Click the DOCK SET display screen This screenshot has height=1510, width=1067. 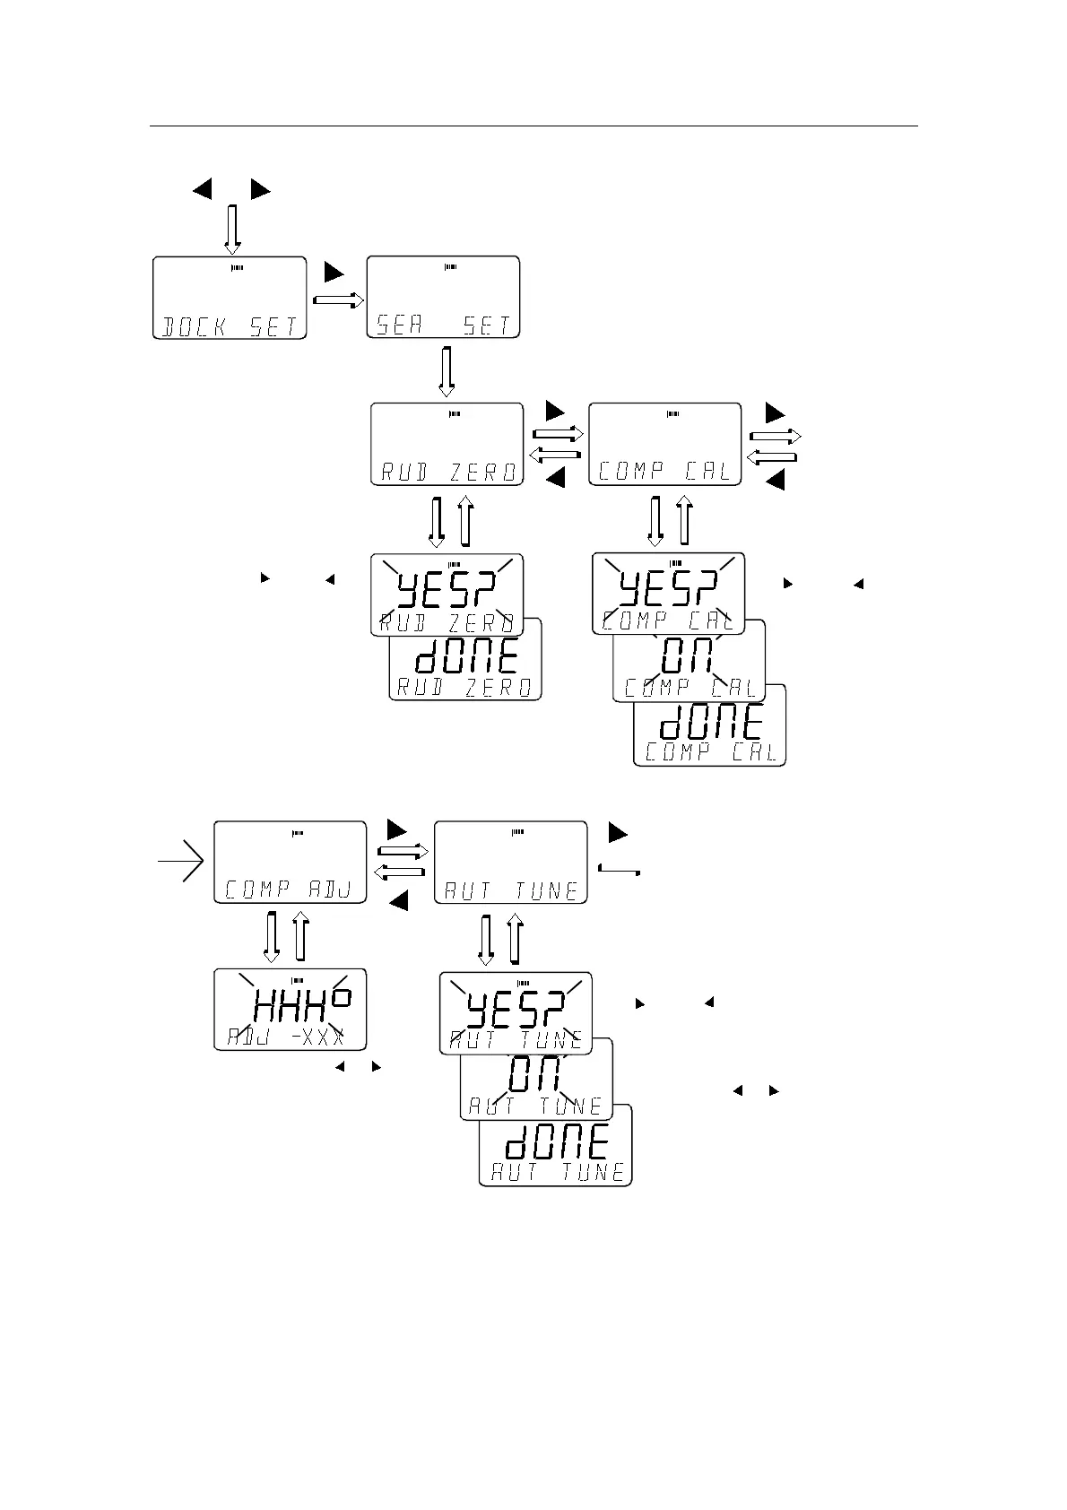[x=230, y=298]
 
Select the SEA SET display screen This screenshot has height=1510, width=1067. [x=444, y=297]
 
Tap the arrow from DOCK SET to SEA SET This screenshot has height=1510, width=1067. [x=339, y=301]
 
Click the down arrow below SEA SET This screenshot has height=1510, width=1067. [x=446, y=371]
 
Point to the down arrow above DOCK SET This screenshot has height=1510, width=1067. [x=232, y=230]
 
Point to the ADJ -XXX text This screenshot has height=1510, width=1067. [x=290, y=1038]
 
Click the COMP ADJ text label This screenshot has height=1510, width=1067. [x=291, y=890]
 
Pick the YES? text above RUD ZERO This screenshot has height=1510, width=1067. [x=447, y=589]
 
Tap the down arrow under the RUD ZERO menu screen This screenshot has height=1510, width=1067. [x=437, y=521]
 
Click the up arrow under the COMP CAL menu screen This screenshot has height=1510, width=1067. [x=685, y=519]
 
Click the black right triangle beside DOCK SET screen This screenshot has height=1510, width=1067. [x=334, y=272]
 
